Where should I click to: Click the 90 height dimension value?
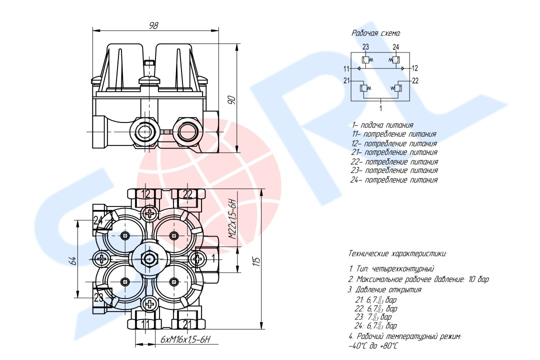point(231,99)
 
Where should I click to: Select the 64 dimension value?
point(72,260)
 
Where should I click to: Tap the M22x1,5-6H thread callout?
point(231,220)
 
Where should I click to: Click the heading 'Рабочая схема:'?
point(376,33)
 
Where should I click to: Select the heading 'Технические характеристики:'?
point(397,253)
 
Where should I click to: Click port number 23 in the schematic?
point(365,47)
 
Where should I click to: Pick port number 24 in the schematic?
point(396,47)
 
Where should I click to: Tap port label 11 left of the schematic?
point(346,68)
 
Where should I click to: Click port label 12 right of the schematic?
point(415,68)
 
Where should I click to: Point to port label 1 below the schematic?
point(381,107)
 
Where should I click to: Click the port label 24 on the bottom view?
point(98,220)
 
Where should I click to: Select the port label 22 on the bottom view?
point(187,194)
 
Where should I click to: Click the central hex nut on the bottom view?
point(149,258)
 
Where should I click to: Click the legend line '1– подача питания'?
point(382,125)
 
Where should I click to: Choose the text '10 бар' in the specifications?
point(478,279)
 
